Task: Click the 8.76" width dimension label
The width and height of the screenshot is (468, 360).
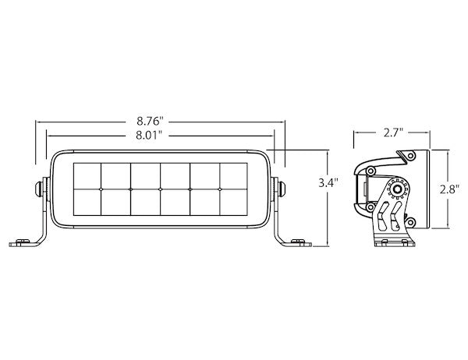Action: point(150,122)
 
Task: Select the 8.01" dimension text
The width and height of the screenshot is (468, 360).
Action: point(149,136)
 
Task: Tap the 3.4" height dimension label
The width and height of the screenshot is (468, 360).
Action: point(328,182)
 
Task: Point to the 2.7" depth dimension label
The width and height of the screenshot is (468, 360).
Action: point(393,132)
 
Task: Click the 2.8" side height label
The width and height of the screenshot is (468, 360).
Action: point(449,189)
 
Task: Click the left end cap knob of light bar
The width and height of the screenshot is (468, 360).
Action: point(38,189)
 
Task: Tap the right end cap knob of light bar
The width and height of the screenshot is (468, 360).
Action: point(282,189)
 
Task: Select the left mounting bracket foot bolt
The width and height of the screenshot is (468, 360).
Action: point(22,242)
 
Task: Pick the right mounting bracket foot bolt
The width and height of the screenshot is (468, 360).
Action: point(298,242)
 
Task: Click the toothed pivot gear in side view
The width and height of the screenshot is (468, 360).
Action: point(397,189)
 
